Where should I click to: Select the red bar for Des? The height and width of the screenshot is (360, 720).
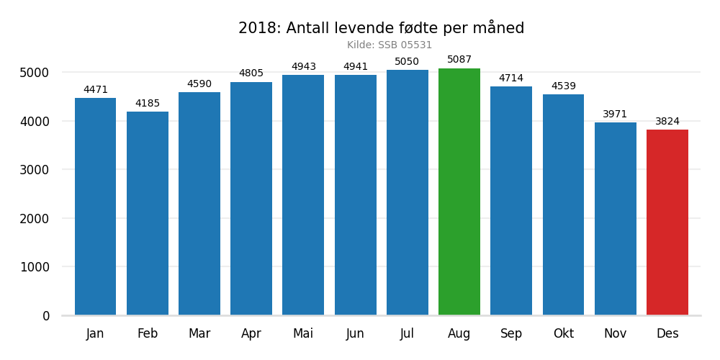coord(667,222)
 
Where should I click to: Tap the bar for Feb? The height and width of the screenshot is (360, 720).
coord(148,213)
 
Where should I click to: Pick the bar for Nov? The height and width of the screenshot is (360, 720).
coord(616,219)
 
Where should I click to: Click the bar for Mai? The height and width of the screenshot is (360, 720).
coord(303,195)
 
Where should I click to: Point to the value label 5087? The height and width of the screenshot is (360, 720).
coord(459,60)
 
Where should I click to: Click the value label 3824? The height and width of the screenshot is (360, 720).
coord(667,122)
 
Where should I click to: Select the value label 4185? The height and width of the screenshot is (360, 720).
coord(148,104)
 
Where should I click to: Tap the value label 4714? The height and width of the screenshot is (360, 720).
coord(511,78)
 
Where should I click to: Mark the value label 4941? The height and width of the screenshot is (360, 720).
coord(356,67)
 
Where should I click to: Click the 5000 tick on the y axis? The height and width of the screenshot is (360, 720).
coord(35,73)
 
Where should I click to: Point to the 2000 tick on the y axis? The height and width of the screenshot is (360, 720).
coord(35,219)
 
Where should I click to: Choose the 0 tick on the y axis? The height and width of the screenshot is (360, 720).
coord(46,316)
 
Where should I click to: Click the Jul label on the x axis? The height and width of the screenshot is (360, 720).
coord(408,334)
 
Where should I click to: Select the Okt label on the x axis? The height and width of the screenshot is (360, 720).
coord(563,334)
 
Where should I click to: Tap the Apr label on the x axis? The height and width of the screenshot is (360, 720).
coord(251,334)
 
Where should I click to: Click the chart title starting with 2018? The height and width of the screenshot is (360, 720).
coord(381,29)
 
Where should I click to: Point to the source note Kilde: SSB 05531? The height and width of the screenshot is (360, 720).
coord(390,45)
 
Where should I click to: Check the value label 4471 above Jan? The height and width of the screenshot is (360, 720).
coord(96,90)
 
